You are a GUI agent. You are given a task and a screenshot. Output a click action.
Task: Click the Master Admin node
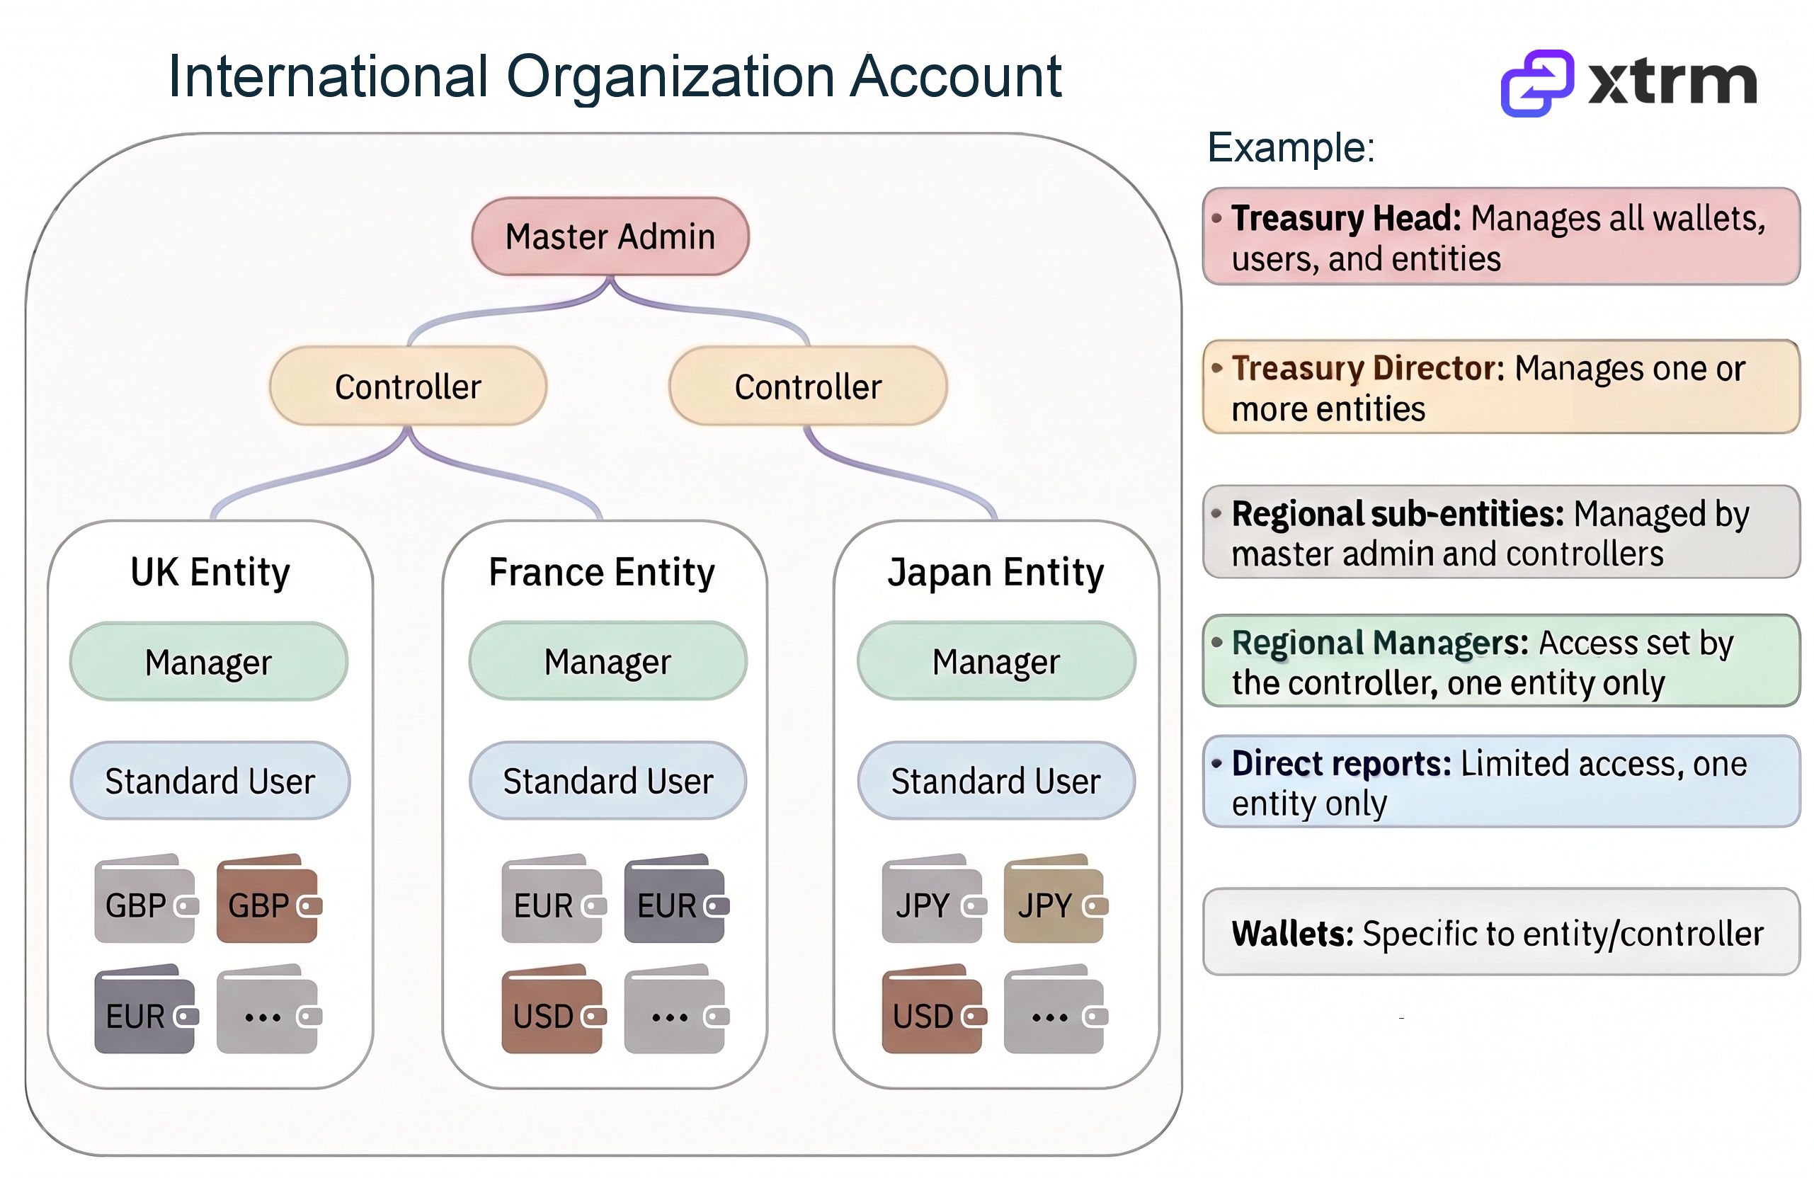coord(610,236)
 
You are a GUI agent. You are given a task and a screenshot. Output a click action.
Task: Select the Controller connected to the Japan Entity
coord(808,387)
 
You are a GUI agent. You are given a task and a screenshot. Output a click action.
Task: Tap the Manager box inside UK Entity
coord(208,661)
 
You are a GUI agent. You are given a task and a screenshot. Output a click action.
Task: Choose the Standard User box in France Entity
coord(607,781)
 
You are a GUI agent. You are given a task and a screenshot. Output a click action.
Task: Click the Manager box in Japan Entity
coord(996,661)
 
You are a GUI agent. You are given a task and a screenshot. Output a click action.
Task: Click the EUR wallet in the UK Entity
coord(146,1011)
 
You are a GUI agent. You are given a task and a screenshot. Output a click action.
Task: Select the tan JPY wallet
coord(1055,900)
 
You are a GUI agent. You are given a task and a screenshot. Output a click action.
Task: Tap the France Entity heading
coord(601,572)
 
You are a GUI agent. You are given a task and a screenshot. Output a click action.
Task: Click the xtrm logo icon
coord(1536,83)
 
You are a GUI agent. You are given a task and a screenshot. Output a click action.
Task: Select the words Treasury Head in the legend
coord(1346,219)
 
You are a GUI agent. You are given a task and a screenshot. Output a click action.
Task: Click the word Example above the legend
coord(1290,147)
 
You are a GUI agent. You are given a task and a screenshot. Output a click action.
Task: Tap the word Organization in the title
coord(670,77)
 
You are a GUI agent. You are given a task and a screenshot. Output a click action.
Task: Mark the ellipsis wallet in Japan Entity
coord(1055,1011)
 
